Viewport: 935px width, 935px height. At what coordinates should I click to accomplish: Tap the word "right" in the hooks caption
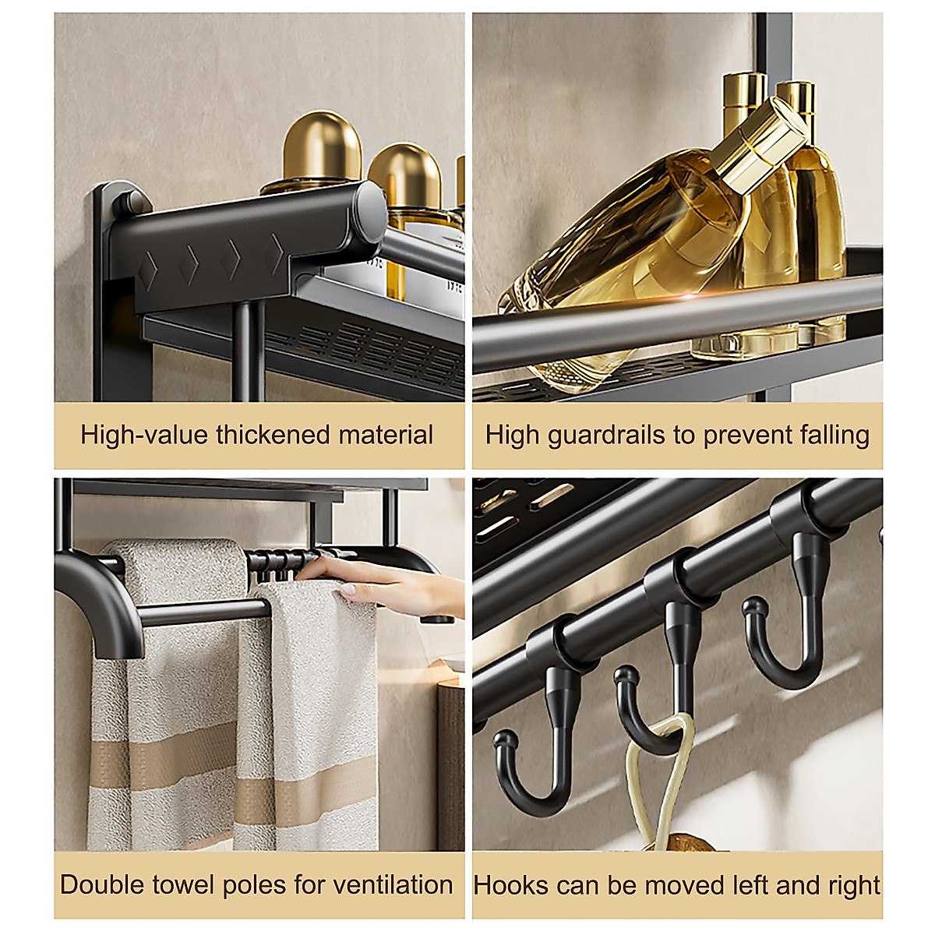point(854,885)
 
